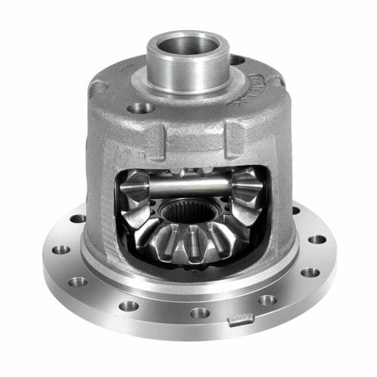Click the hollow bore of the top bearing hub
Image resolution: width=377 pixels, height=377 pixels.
pyautogui.click(x=187, y=44)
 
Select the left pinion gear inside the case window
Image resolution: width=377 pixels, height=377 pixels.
pyautogui.click(x=136, y=192)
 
